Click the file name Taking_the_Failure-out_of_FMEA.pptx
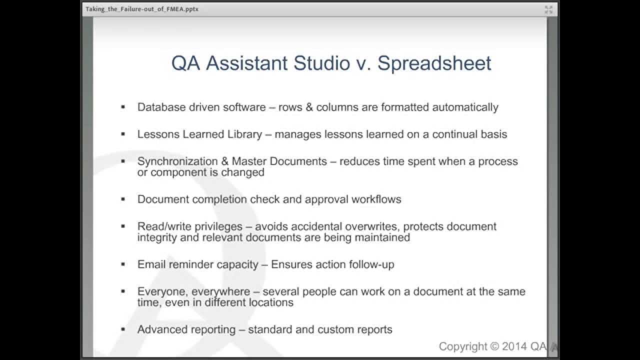[142, 9]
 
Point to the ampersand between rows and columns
[307, 107]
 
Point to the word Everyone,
[160, 291]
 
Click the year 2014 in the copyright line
[513, 346]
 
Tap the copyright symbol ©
[494, 346]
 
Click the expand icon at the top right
[548, 9]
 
